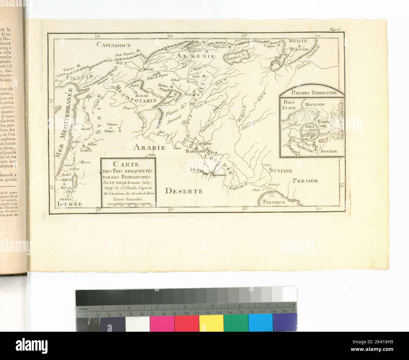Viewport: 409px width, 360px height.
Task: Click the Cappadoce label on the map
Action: [x=110, y=44]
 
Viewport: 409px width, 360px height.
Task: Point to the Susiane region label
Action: [x=281, y=170]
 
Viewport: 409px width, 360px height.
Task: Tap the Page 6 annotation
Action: [x=335, y=30]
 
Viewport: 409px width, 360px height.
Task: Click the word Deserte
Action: [x=183, y=191]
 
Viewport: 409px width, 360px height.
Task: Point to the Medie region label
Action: [x=299, y=41]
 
